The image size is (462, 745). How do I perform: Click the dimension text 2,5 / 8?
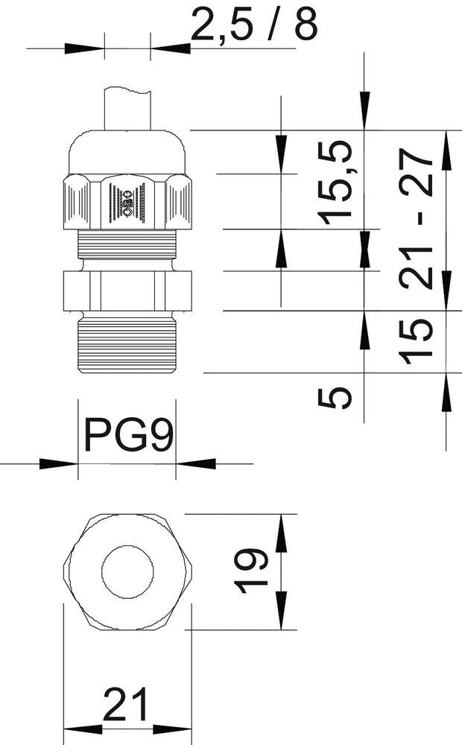(x=254, y=25)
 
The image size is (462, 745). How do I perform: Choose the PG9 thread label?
(x=127, y=435)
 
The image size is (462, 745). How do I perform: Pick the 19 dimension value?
(x=250, y=571)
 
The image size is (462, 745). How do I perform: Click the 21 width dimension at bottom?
(x=127, y=705)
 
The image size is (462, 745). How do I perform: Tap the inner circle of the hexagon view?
(x=127, y=572)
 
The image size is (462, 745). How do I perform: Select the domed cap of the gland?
(x=127, y=153)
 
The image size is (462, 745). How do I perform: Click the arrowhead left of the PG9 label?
(x=59, y=463)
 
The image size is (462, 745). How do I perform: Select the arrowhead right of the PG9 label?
(x=196, y=463)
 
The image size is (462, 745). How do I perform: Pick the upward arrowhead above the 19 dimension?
(x=282, y=533)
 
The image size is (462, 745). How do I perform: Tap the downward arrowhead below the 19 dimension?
(x=282, y=611)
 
